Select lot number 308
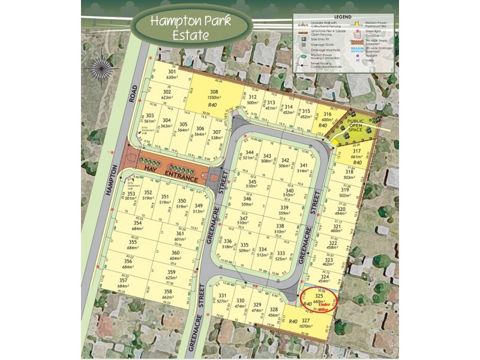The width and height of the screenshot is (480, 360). [x=214, y=96]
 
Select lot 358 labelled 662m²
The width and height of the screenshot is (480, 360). [x=167, y=293]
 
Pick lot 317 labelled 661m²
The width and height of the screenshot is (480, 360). [x=357, y=155]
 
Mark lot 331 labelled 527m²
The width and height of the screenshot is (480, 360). [x=222, y=299]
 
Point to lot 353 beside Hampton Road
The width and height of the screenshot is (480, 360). [x=130, y=196]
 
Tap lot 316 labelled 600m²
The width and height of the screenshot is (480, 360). [x=327, y=118]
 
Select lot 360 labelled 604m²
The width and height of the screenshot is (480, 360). [x=175, y=256]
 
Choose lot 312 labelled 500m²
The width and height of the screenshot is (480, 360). [x=253, y=100]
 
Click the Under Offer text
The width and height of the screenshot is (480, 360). [x=325, y=307]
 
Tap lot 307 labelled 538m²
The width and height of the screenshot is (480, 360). [x=217, y=134]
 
